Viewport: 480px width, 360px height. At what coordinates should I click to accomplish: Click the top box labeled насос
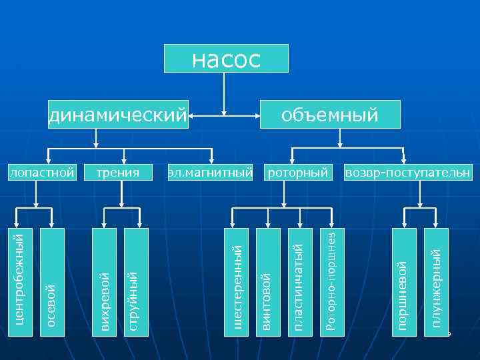pyautogui.click(x=227, y=59)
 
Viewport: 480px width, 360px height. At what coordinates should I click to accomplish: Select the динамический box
pyautogui.click(x=118, y=115)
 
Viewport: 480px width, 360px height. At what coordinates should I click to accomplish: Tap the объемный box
pyautogui.click(x=330, y=115)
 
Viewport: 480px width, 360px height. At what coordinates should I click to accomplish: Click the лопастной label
pyautogui.click(x=41, y=173)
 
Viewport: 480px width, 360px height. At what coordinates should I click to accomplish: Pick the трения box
pyautogui.click(x=118, y=173)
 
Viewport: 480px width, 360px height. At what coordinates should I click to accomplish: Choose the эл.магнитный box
pyautogui.click(x=211, y=173)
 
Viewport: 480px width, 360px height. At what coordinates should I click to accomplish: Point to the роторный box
pyautogui.click(x=298, y=173)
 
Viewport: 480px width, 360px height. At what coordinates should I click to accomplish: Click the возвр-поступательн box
pyautogui.click(x=407, y=173)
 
